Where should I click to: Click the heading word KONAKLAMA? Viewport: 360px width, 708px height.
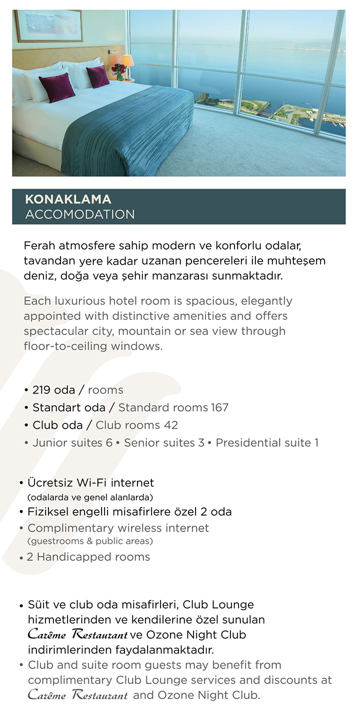[68, 199]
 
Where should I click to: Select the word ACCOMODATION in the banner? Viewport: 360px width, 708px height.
[79, 214]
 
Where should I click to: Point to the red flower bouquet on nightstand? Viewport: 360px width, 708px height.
[119, 69]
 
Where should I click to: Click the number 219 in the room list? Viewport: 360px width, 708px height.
[41, 390]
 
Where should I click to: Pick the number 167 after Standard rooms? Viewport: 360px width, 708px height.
[219, 407]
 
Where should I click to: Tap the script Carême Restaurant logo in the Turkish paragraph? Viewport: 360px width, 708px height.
[77, 635]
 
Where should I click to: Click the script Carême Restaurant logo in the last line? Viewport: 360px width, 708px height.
[77, 695]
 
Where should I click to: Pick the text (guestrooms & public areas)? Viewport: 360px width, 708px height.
[90, 541]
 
